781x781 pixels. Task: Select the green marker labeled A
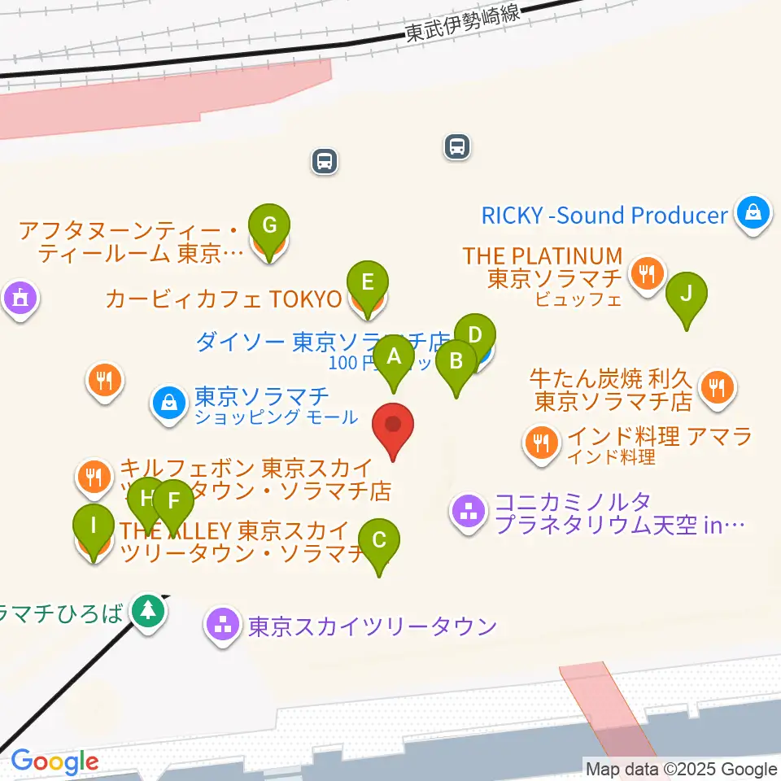pos(395,356)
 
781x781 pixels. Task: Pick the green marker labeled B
pos(456,360)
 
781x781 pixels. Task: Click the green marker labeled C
pos(378,539)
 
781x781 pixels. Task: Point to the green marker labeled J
pos(686,293)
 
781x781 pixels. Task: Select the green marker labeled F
pos(172,500)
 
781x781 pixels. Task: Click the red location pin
pos(393,425)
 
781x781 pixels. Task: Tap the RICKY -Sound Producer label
pos(604,215)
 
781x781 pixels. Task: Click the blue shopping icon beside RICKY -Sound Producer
pos(753,214)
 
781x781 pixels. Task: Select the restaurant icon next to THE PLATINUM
pos(647,273)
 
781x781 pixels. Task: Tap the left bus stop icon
pos(325,160)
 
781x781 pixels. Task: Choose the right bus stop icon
pos(458,146)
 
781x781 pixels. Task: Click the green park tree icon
pos(148,609)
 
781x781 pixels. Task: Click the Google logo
pos(55,762)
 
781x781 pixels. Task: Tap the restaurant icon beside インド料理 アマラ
pos(541,442)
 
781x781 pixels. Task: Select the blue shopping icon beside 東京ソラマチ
pos(168,402)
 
